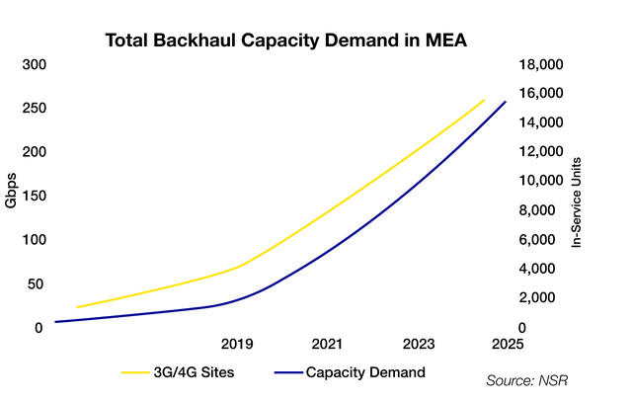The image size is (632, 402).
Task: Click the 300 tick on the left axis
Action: [x=35, y=65]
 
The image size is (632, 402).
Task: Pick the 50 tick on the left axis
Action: [x=38, y=283]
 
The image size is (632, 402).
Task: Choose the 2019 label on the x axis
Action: [x=238, y=345]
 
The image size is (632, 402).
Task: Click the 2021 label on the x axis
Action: [x=328, y=345]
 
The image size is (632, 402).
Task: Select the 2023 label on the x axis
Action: [x=419, y=345]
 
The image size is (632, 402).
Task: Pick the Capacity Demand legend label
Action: [x=365, y=372]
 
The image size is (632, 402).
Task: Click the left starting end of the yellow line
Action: [x=77, y=307]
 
